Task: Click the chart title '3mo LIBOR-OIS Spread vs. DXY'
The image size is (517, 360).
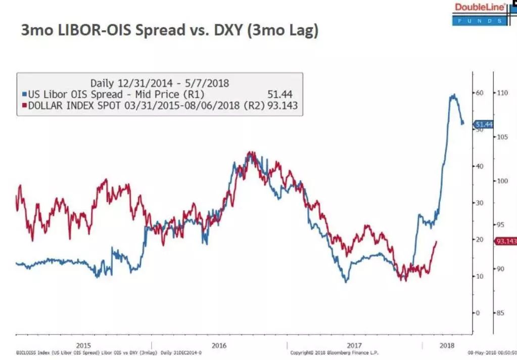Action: [169, 30]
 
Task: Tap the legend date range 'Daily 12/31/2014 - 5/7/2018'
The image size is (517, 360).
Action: [159, 83]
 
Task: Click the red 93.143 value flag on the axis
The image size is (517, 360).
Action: [506, 241]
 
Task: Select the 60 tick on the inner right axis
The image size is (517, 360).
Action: [480, 93]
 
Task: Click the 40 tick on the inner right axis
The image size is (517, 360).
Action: [480, 166]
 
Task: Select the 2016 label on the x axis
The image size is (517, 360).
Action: [219, 345]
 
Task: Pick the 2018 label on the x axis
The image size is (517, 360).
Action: [446, 345]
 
